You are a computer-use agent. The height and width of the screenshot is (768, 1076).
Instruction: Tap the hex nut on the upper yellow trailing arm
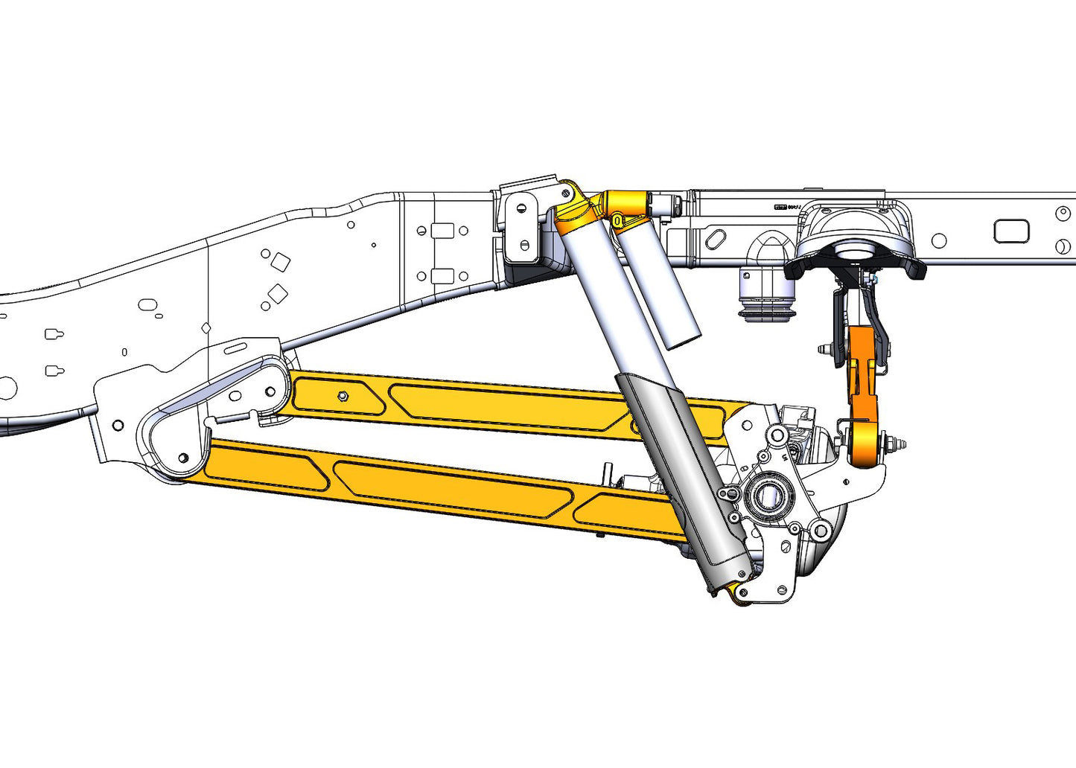point(343,395)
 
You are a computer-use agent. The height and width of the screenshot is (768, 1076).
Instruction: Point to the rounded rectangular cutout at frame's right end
point(1011,231)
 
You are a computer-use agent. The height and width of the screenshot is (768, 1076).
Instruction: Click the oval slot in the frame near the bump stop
point(716,240)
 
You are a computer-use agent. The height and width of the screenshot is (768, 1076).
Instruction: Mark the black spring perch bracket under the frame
point(856,264)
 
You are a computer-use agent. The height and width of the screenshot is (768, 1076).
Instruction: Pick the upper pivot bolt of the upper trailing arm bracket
point(270,391)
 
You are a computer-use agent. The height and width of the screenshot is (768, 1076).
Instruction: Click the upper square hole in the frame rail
point(280,262)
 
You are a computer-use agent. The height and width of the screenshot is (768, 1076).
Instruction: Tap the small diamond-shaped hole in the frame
point(206,328)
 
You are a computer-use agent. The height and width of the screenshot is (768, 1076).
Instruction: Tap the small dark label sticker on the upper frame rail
point(781,208)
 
